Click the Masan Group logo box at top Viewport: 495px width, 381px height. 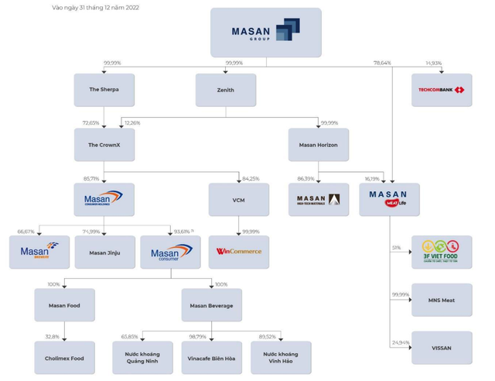[265, 33]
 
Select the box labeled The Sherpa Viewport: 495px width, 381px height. [104, 90]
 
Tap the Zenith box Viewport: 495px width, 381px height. [226, 90]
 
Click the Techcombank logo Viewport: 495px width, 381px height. [442, 90]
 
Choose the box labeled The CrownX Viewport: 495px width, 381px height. [104, 145]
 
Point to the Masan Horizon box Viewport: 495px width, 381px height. [318, 145]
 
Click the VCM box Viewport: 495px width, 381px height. [238, 200]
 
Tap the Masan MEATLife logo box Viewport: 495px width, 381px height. [389, 200]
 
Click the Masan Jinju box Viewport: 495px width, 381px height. [104, 252]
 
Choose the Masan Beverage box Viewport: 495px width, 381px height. [211, 305]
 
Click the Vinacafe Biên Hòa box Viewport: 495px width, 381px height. [211, 359]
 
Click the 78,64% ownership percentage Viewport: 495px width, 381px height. [383, 63]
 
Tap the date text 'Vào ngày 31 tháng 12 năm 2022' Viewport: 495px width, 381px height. [95, 8]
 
